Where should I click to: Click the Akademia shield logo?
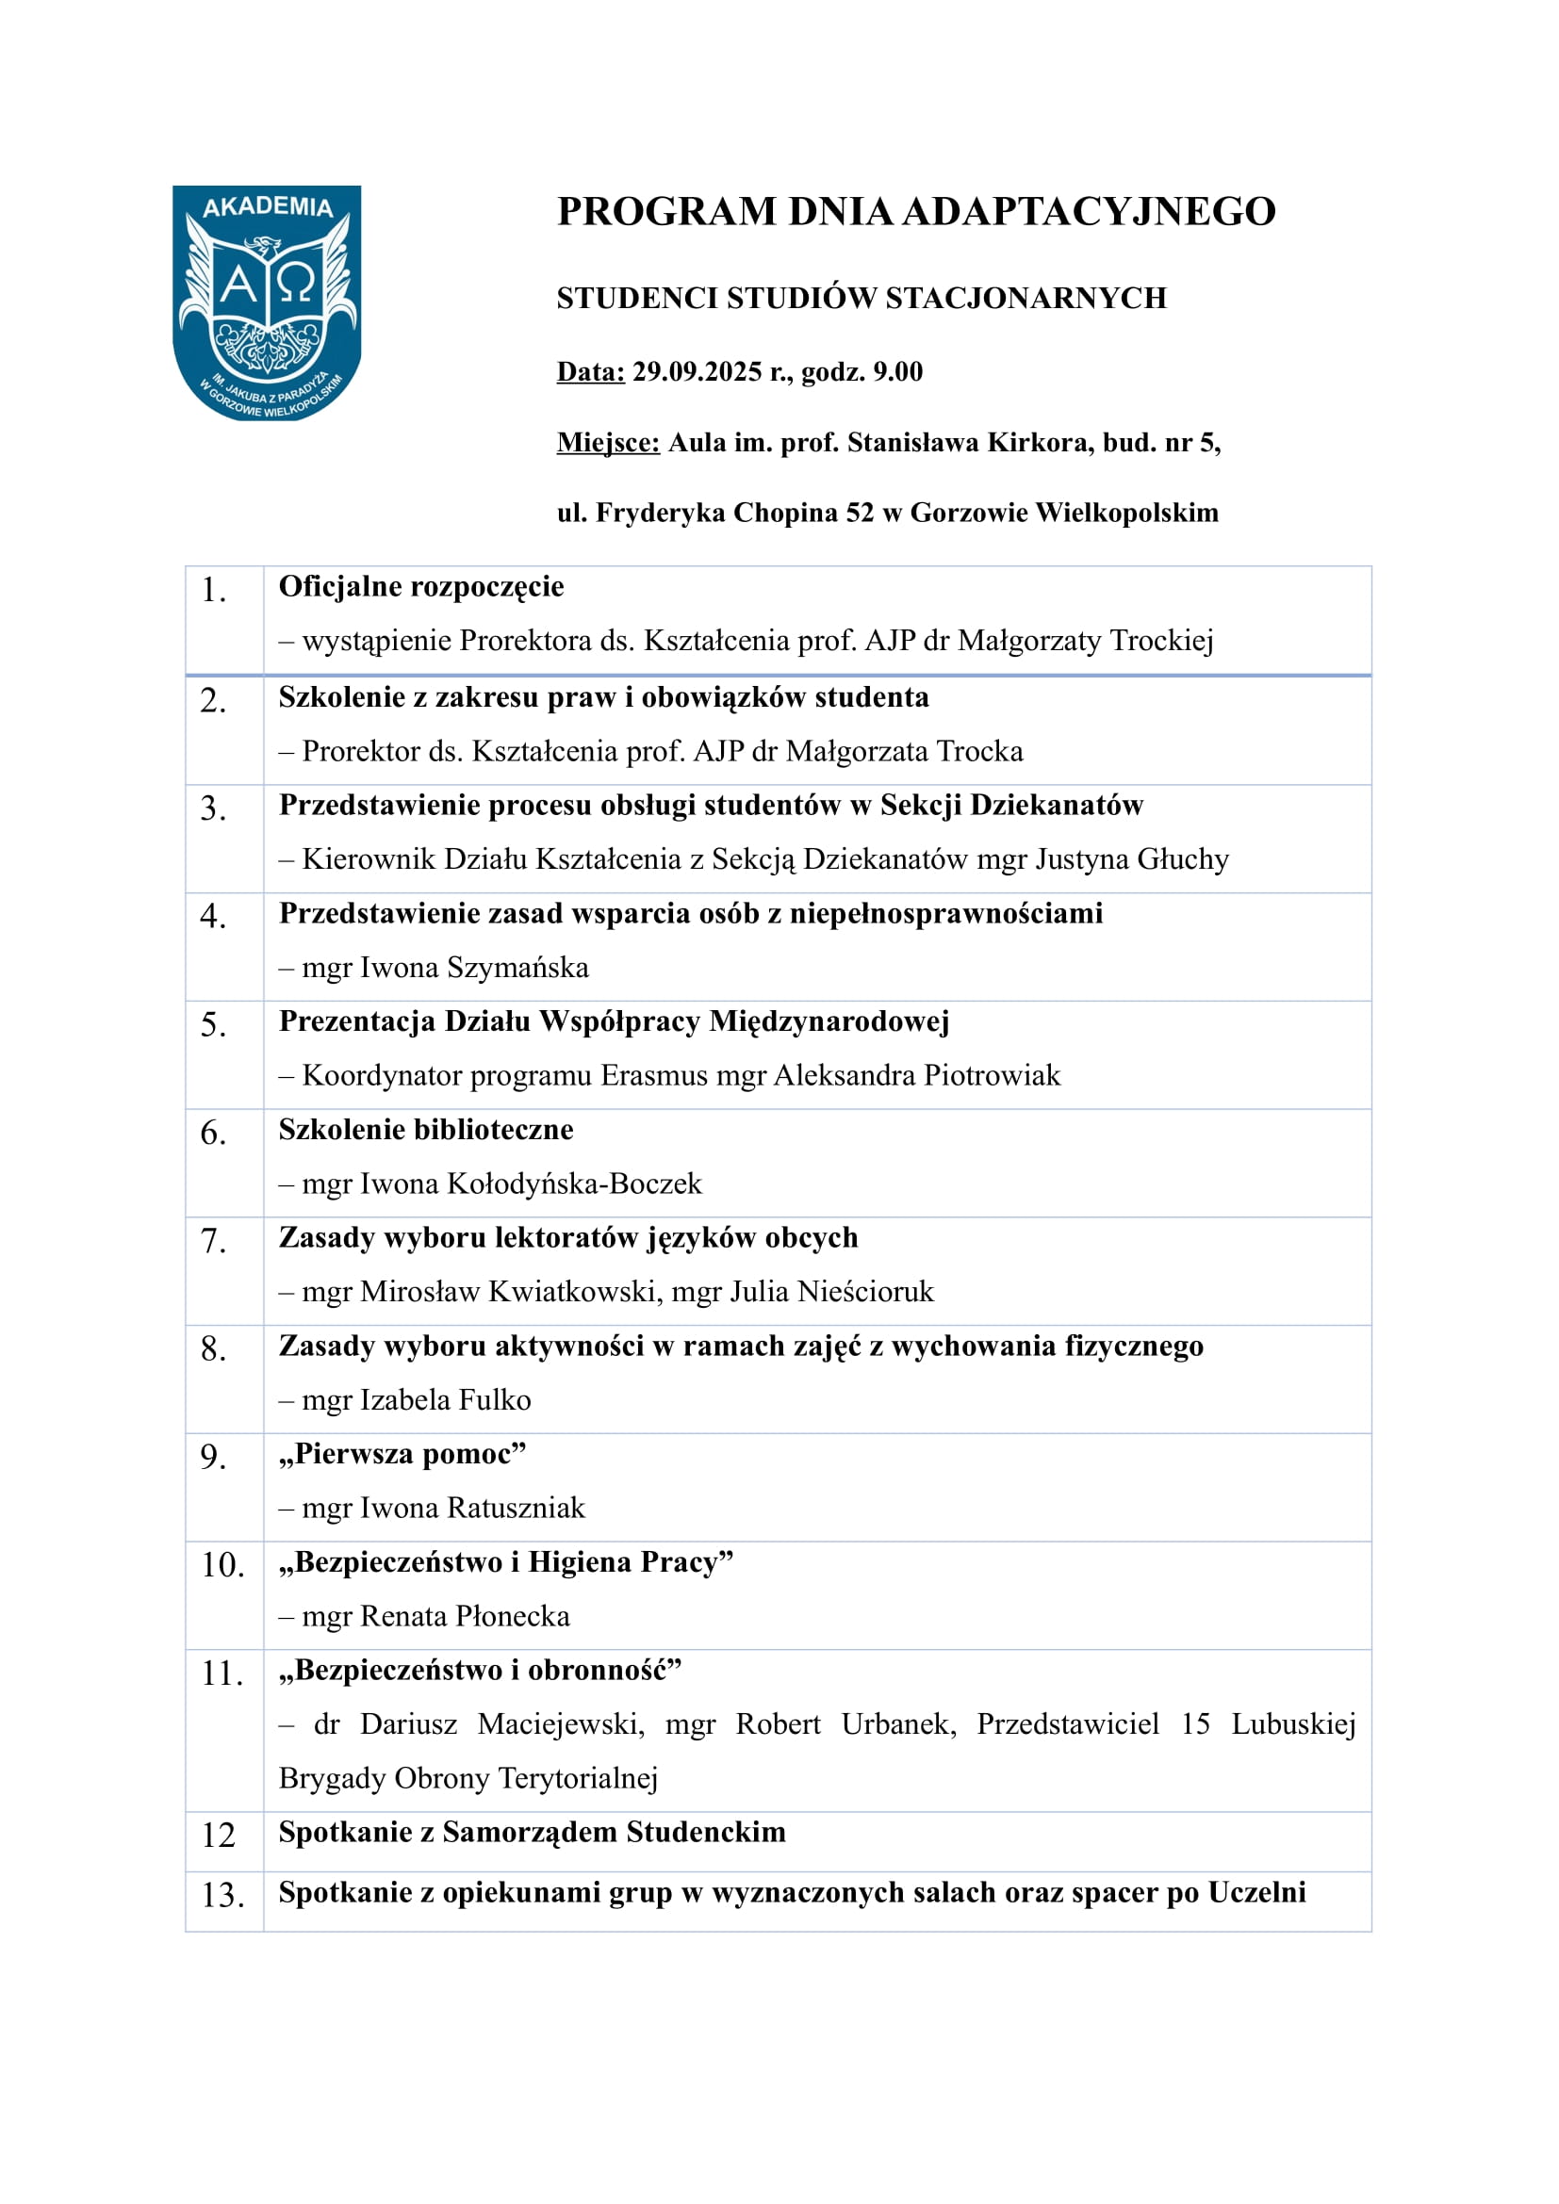coord(267,302)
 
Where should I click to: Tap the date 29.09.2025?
coord(696,372)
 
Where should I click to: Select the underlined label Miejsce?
coord(608,443)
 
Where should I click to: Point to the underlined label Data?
coord(590,372)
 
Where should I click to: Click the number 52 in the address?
coord(860,513)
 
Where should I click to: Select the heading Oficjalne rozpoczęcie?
coord(421,586)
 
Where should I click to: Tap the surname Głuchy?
coord(1183,859)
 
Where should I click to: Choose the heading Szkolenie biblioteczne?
coord(426,1130)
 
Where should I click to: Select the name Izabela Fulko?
coord(446,1400)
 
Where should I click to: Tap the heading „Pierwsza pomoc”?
coord(403,1454)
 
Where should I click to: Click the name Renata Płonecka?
coord(465,1617)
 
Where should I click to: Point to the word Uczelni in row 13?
coord(1256,1892)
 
